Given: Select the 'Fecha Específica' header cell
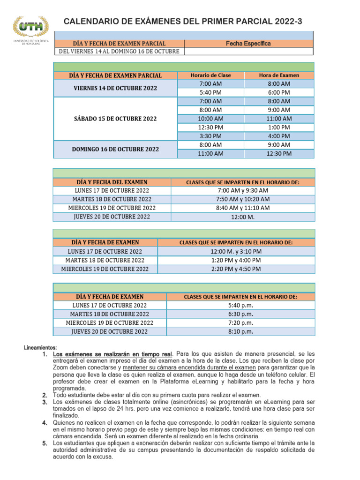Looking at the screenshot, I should (248, 43).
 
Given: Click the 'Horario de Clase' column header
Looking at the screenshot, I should (211, 75).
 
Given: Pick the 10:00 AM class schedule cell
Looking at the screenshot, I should (211, 119).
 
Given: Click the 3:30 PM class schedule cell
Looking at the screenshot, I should (211, 136).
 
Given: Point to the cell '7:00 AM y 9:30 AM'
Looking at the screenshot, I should (243, 190).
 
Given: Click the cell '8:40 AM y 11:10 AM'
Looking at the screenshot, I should (243, 208).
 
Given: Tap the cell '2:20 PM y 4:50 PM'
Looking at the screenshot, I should (236, 269).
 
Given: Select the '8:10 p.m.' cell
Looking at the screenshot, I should (240, 331).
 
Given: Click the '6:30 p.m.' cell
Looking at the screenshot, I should (240, 314).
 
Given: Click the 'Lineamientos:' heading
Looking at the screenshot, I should (40, 347).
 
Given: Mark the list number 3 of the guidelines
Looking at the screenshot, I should (45, 402).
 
